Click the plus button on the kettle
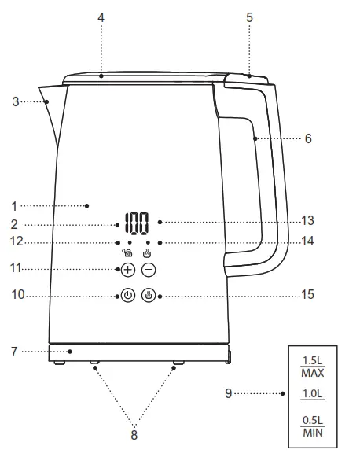(127, 270)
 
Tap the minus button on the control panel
(149, 270)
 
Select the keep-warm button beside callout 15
(149, 297)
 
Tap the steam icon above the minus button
(147, 253)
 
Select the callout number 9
(229, 393)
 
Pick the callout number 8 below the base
(134, 433)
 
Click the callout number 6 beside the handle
(308, 138)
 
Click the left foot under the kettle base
(94, 365)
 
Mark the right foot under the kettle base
(176, 365)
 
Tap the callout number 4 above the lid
(101, 16)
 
